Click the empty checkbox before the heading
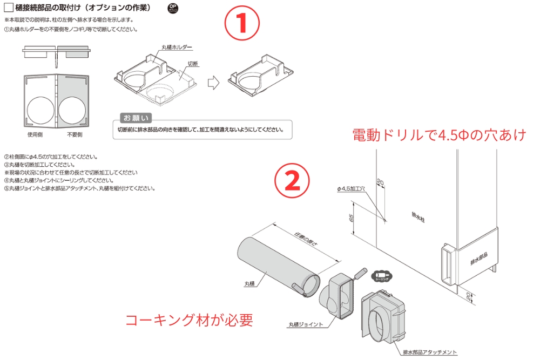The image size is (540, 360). [x=9, y=9]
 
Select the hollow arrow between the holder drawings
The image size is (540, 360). [x=214, y=81]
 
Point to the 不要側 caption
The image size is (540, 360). [x=75, y=135]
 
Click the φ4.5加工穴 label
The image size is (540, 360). [x=351, y=189]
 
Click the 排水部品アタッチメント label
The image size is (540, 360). [x=430, y=352]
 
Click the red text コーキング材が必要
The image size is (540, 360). [x=189, y=320]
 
